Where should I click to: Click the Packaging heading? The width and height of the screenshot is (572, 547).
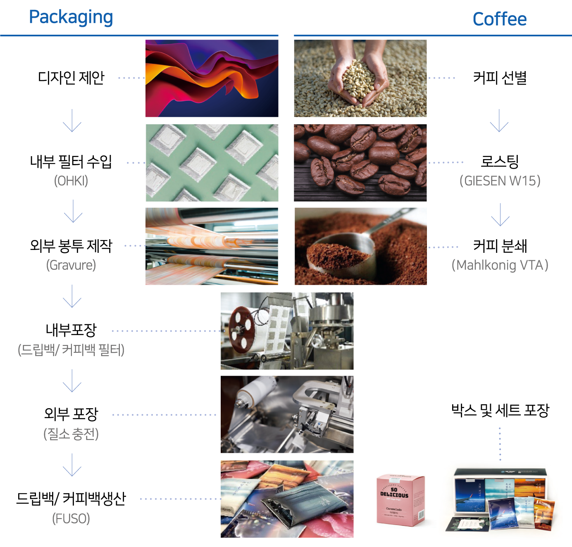click(71, 17)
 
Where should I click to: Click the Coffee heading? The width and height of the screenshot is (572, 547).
click(499, 19)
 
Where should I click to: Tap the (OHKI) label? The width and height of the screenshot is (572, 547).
click(71, 181)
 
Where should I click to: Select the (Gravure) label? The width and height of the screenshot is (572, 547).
click(71, 265)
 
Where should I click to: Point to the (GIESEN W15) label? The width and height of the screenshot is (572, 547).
click(500, 181)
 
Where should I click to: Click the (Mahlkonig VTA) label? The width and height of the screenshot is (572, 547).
click(500, 265)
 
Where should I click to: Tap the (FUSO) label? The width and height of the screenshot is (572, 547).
click(71, 518)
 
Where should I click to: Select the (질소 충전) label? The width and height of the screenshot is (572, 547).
click(71, 434)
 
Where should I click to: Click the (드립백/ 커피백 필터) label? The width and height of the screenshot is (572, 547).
click(71, 350)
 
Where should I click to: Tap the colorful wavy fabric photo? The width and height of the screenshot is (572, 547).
click(212, 78)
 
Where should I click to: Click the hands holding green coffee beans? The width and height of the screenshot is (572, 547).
click(360, 78)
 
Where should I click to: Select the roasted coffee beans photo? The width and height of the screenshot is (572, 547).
click(360, 162)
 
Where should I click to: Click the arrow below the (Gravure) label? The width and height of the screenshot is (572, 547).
click(72, 296)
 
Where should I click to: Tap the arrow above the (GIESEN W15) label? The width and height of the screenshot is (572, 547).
click(499, 121)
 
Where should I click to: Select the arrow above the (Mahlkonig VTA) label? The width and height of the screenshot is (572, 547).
click(500, 214)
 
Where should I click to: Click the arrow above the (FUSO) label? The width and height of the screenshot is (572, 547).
click(72, 465)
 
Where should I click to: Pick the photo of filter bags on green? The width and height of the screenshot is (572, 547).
click(212, 162)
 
